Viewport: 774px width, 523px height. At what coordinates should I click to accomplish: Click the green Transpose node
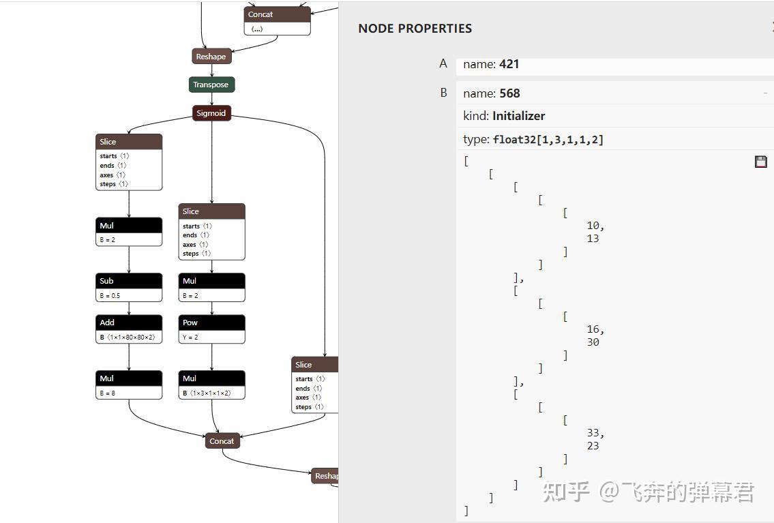click(x=211, y=85)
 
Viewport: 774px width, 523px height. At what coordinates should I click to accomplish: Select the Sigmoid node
click(x=211, y=113)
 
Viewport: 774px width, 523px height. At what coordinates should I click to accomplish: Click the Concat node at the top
click(x=277, y=14)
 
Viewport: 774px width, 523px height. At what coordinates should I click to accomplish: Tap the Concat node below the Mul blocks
click(x=222, y=441)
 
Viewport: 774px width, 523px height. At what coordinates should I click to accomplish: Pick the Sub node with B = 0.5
click(x=129, y=281)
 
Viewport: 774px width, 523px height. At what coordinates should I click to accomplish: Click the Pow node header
click(x=211, y=323)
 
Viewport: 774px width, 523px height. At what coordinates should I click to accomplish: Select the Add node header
click(x=129, y=323)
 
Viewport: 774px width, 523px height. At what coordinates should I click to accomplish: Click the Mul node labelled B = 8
click(x=129, y=378)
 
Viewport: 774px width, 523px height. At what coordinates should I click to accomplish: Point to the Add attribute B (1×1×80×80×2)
click(x=129, y=337)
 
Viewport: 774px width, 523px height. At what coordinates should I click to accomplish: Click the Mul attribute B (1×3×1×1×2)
click(x=211, y=393)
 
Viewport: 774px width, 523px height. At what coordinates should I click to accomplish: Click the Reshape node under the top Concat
click(x=211, y=57)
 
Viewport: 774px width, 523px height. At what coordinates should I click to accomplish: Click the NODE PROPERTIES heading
click(x=415, y=29)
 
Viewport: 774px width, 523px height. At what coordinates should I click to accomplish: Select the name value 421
click(x=509, y=64)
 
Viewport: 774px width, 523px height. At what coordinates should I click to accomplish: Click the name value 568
click(x=509, y=93)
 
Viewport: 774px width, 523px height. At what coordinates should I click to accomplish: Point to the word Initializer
click(x=518, y=116)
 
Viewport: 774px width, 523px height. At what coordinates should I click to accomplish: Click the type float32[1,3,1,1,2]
click(x=548, y=140)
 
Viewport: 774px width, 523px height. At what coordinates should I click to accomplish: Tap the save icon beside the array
click(x=761, y=162)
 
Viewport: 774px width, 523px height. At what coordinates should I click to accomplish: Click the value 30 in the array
click(x=593, y=342)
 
